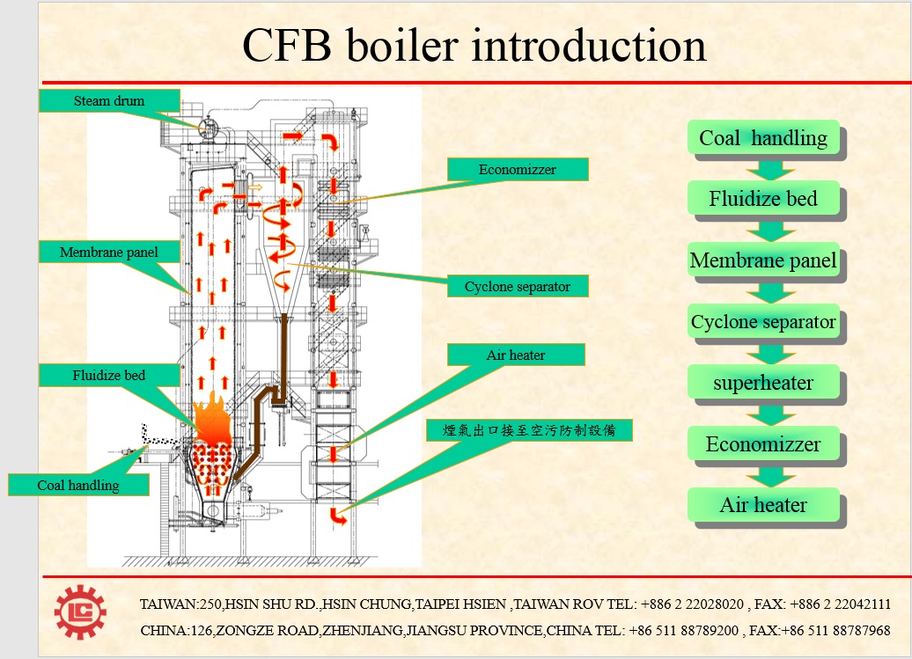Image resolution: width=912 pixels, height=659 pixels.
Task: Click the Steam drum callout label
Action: point(109,100)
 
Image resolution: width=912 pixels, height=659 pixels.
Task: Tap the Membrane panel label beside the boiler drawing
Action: point(109,253)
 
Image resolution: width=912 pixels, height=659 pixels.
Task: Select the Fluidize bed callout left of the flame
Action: point(109,376)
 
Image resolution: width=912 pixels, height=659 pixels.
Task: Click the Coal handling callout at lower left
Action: point(78,485)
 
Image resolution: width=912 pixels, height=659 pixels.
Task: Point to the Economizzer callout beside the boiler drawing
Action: point(517,170)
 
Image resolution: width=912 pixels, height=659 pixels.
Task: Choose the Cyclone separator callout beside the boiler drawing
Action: point(517,287)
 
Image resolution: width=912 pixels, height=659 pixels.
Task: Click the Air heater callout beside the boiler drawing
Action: point(516,355)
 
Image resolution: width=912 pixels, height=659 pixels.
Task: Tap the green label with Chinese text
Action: point(528,430)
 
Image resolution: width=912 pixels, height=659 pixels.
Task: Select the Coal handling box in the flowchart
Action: point(763,138)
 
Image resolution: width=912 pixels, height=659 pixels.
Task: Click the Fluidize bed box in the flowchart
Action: point(763,199)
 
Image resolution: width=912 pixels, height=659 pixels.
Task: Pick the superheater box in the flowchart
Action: point(763,384)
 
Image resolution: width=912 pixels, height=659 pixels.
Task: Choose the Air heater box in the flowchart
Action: point(763,505)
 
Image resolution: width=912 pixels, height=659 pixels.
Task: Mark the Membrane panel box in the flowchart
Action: point(763,260)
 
